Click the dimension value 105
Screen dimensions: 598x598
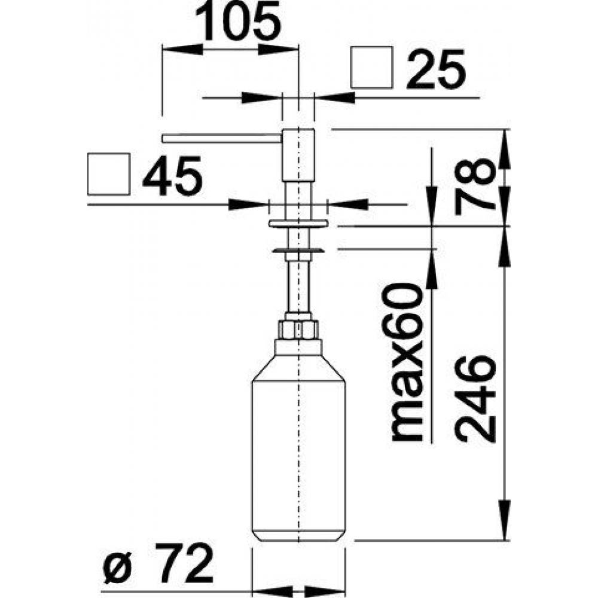pos(238,22)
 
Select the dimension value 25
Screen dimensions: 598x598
pos(437,69)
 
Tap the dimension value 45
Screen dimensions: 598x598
pos(172,176)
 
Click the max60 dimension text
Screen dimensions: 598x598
pos(407,362)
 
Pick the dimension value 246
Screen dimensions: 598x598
pos(475,398)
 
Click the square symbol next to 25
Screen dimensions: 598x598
pos(371,68)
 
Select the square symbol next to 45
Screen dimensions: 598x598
pos(109,174)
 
